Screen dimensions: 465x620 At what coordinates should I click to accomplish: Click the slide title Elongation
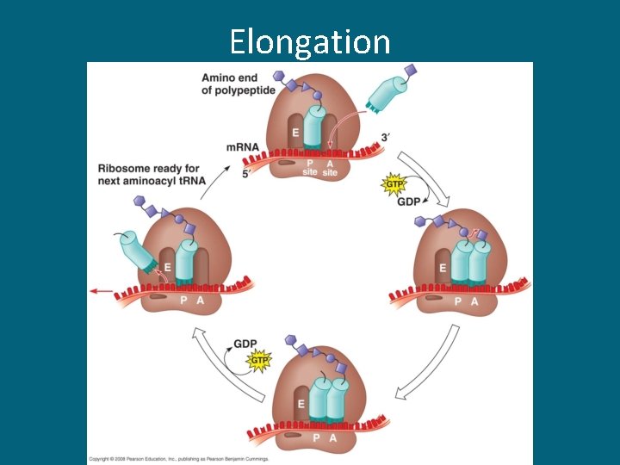310,40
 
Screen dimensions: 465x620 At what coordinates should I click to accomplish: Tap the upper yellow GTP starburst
393,183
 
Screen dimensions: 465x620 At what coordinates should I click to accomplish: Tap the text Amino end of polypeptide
239,83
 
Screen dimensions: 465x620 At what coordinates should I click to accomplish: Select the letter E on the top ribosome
294,133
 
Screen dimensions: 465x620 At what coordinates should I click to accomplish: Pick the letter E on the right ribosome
442,268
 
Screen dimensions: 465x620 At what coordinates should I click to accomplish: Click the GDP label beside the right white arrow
409,201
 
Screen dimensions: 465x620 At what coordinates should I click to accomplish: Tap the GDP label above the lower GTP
245,344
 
